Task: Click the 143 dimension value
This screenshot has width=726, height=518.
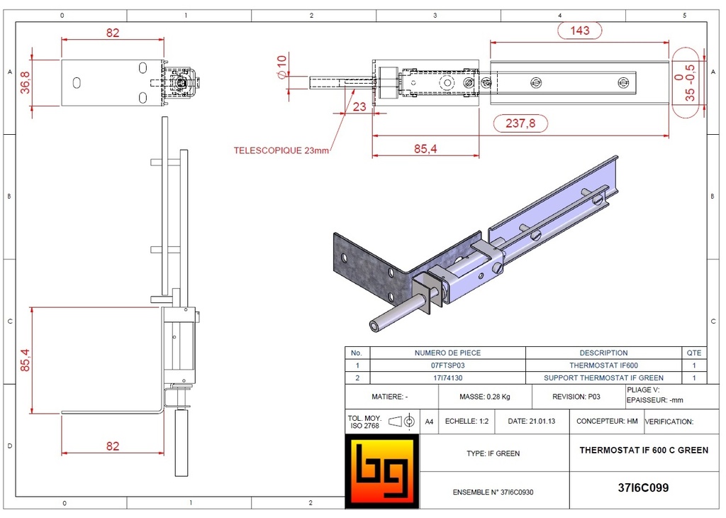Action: [580, 31]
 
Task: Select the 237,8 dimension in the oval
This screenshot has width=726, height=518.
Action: [520, 123]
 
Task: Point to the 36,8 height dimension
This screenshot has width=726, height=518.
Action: [26, 82]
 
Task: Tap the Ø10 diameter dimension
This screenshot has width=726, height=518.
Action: [282, 67]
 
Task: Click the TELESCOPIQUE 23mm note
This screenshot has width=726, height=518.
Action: [281, 150]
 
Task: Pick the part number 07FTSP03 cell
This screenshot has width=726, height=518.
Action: [448, 365]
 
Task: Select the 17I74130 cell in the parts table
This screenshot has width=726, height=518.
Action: [448, 378]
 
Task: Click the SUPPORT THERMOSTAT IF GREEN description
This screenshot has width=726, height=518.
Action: [603, 378]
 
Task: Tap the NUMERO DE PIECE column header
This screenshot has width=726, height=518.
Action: [448, 353]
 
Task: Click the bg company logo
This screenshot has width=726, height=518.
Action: [382, 470]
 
